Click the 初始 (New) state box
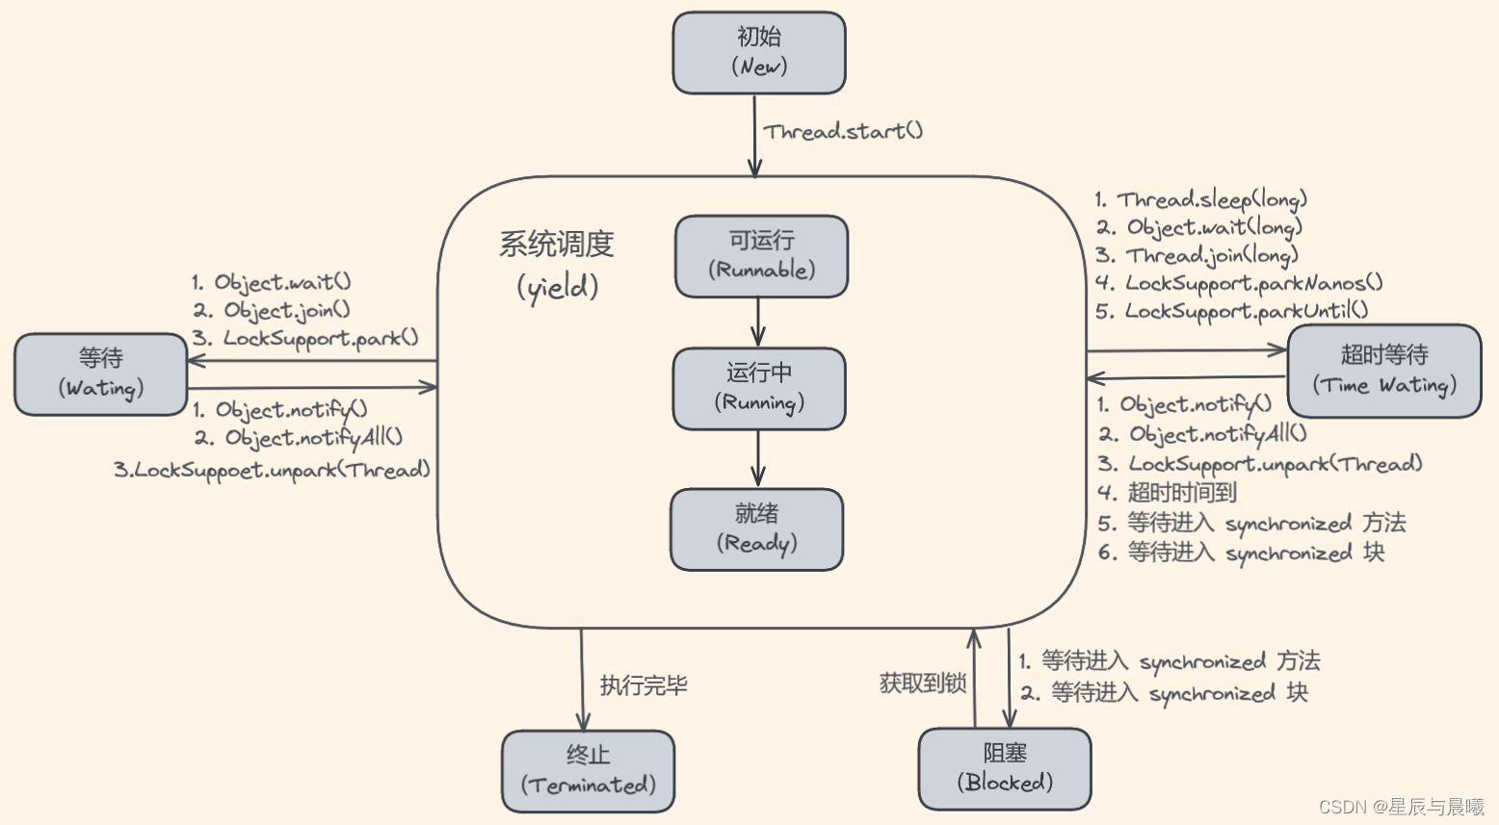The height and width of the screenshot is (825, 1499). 759,53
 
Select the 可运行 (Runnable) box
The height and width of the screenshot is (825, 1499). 761,256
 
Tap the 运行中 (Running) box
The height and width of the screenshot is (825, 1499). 759,389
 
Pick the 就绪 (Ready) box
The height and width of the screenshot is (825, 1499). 757,529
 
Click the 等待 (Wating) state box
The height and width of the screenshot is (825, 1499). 101,374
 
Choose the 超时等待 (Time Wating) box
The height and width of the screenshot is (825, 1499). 1384,371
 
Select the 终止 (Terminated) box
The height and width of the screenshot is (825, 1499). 588,771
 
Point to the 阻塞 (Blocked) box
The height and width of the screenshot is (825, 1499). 1005,768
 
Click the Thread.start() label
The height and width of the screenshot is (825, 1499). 843,132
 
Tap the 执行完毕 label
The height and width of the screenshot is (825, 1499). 644,685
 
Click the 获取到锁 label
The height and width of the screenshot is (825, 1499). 923,683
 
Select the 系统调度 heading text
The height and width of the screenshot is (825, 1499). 557,245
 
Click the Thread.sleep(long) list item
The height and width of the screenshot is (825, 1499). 1211,200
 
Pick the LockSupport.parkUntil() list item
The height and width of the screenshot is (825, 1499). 1246,311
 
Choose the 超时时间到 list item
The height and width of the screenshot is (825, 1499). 1181,493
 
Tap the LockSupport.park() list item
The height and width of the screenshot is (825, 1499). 320,338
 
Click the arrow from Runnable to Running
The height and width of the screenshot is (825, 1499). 758,322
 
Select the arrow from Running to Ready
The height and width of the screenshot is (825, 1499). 758,458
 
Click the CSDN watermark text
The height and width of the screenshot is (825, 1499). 1401,807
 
